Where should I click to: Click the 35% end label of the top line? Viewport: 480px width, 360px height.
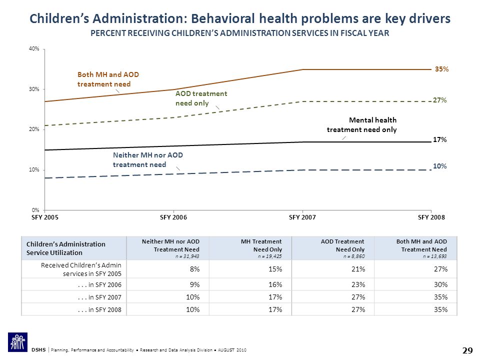click(x=441, y=69)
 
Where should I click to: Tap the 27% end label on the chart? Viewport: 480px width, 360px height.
click(x=439, y=100)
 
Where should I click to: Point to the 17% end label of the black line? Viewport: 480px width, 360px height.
click(x=439, y=139)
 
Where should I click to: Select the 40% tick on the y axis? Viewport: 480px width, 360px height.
click(x=34, y=48)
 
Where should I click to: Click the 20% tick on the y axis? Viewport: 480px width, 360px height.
click(x=34, y=129)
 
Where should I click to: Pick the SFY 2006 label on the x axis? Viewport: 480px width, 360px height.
click(x=173, y=217)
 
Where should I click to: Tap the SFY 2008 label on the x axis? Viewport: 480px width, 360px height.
click(x=431, y=217)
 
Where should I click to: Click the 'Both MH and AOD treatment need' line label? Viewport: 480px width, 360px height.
click(x=108, y=79)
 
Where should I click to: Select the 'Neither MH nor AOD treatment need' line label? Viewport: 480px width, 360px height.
click(x=148, y=160)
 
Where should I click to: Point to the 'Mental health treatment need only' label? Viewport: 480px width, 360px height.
click(x=362, y=125)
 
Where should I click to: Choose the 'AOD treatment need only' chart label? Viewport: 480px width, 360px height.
click(x=201, y=98)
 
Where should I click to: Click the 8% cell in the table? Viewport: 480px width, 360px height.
click(x=194, y=269)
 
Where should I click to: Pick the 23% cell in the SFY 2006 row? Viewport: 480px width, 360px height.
click(x=358, y=284)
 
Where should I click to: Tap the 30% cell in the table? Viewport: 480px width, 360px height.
click(x=441, y=284)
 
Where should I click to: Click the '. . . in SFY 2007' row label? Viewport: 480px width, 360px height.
click(x=99, y=297)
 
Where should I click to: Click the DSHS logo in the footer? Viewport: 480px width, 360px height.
click(x=18, y=342)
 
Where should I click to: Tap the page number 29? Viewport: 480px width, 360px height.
click(x=467, y=350)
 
